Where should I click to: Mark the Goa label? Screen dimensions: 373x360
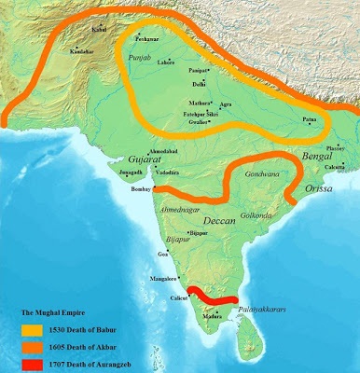click(x=163, y=254)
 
